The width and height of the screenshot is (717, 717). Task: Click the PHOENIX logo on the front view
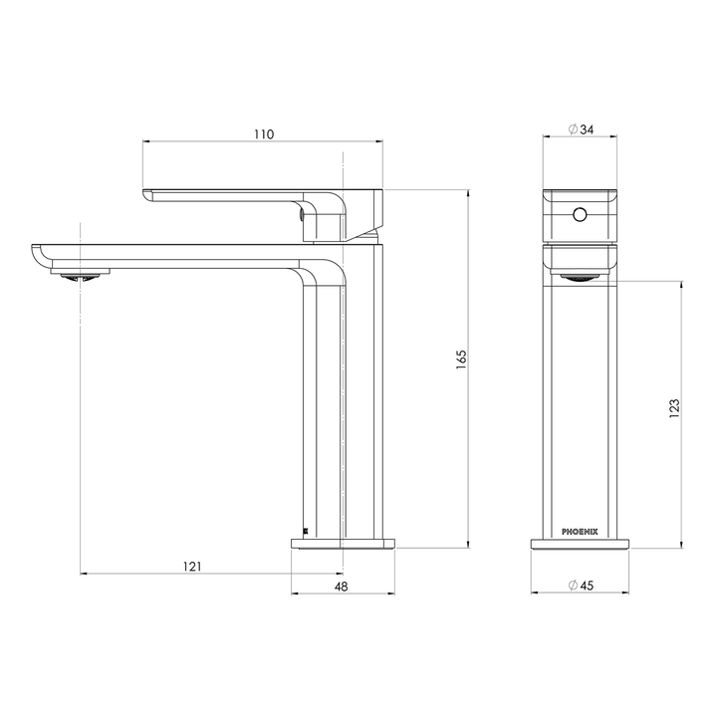coord(580,530)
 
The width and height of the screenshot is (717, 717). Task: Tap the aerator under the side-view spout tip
coord(81,276)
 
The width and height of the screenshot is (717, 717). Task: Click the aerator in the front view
coord(580,278)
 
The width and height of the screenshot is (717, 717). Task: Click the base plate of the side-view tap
coord(343,544)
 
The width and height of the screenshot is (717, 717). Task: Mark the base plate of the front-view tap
coord(580,544)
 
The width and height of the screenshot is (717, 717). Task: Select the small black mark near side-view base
coord(304,531)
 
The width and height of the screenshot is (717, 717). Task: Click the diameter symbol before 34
coord(573,128)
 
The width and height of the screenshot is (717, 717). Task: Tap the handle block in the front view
coord(580,214)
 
